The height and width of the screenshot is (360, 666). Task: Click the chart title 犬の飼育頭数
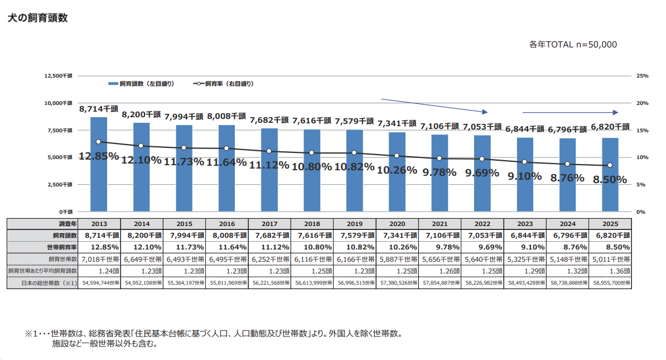click(38, 18)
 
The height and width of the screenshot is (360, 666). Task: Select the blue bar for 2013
click(99, 164)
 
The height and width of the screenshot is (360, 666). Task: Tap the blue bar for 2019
click(355, 170)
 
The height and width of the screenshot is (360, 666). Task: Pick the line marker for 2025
click(610, 165)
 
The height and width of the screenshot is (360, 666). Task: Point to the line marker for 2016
click(226, 148)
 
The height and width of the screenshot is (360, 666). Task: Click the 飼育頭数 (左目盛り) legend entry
click(142, 84)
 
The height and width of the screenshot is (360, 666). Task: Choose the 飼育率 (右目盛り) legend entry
click(224, 84)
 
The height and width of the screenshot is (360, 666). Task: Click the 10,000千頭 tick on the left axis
click(58, 103)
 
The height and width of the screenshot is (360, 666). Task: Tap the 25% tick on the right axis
click(642, 76)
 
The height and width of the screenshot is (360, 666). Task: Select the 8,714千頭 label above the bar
click(99, 109)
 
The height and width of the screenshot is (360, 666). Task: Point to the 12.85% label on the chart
click(99, 156)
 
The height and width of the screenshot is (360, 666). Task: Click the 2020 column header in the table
click(397, 224)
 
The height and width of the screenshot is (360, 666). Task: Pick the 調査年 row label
click(68, 224)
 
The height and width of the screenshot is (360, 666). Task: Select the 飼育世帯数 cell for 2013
click(99, 259)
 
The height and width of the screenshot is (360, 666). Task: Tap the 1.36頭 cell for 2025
click(610, 271)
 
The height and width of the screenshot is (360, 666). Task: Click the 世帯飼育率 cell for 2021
click(440, 247)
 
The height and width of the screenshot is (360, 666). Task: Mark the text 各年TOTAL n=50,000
click(573, 44)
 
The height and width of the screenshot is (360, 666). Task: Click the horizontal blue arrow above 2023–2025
click(571, 112)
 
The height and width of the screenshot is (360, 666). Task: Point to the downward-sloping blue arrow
click(434, 106)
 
